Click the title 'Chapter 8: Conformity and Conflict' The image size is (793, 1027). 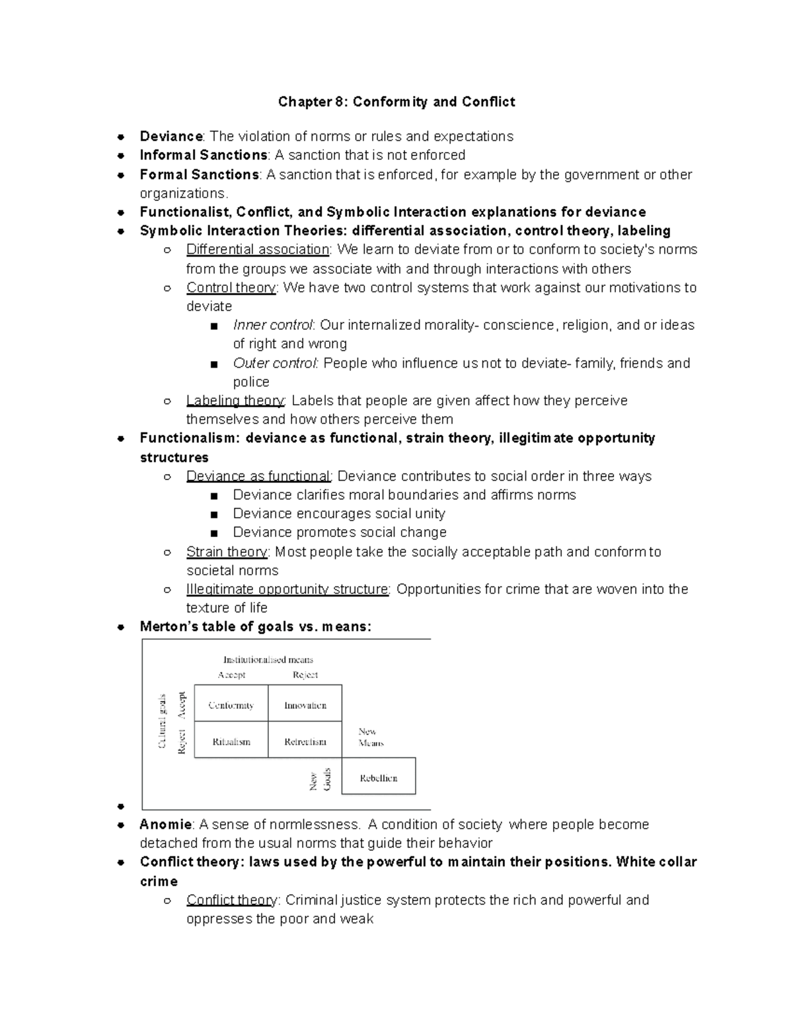[x=396, y=102]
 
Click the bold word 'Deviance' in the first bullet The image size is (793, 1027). [x=170, y=136]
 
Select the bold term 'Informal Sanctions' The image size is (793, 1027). [x=203, y=155]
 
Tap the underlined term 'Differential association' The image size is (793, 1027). [x=258, y=249]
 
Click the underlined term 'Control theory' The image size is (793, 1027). [x=231, y=288]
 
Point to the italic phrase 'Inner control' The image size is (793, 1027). [x=272, y=325]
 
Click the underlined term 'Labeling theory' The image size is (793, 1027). [x=235, y=401]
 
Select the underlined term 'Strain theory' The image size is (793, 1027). [x=227, y=552]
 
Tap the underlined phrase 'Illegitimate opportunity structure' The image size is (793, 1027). [x=287, y=589]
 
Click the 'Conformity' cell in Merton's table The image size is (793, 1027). [x=231, y=705]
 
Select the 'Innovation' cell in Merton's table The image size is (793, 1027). [x=305, y=705]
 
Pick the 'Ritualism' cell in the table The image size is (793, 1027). [x=231, y=742]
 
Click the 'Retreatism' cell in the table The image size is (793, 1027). [x=305, y=742]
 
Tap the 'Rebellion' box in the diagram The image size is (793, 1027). [x=379, y=778]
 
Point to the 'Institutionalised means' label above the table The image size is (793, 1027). [x=268, y=659]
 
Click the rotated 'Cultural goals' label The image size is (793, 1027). [x=162, y=721]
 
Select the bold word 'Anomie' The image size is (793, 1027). [x=166, y=825]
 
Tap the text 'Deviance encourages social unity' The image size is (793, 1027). [x=339, y=514]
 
